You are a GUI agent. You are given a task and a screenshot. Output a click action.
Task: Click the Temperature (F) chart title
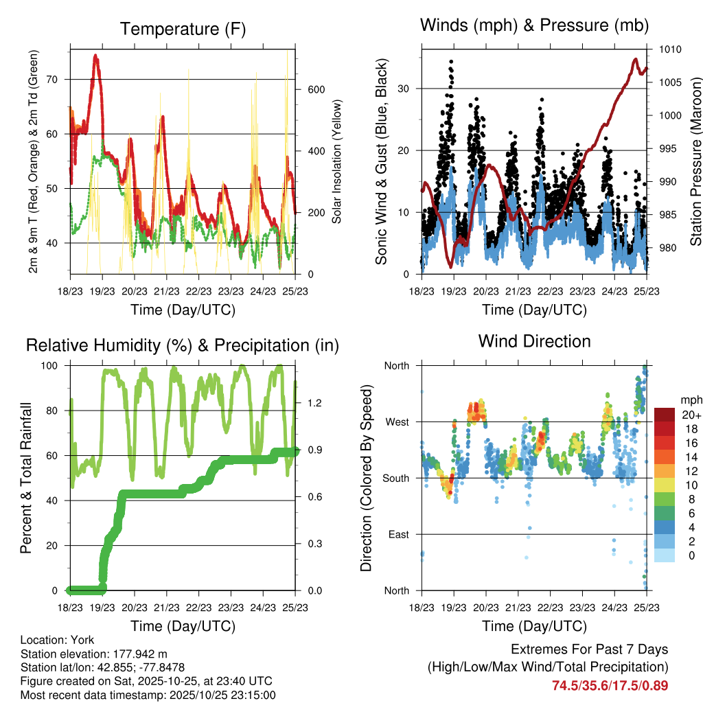[x=183, y=29]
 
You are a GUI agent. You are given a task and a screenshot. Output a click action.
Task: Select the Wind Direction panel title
[x=534, y=341]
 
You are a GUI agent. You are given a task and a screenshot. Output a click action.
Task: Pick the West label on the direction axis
[x=396, y=422]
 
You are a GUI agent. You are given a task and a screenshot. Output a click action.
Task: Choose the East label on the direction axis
[x=397, y=534]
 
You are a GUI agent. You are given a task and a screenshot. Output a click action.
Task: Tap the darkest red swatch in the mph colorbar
[x=664, y=415]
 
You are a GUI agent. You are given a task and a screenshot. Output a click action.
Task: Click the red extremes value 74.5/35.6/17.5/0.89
[x=610, y=685]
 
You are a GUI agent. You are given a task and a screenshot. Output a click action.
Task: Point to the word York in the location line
[x=82, y=640]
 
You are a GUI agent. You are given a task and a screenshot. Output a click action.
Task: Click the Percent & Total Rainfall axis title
[x=26, y=479]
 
